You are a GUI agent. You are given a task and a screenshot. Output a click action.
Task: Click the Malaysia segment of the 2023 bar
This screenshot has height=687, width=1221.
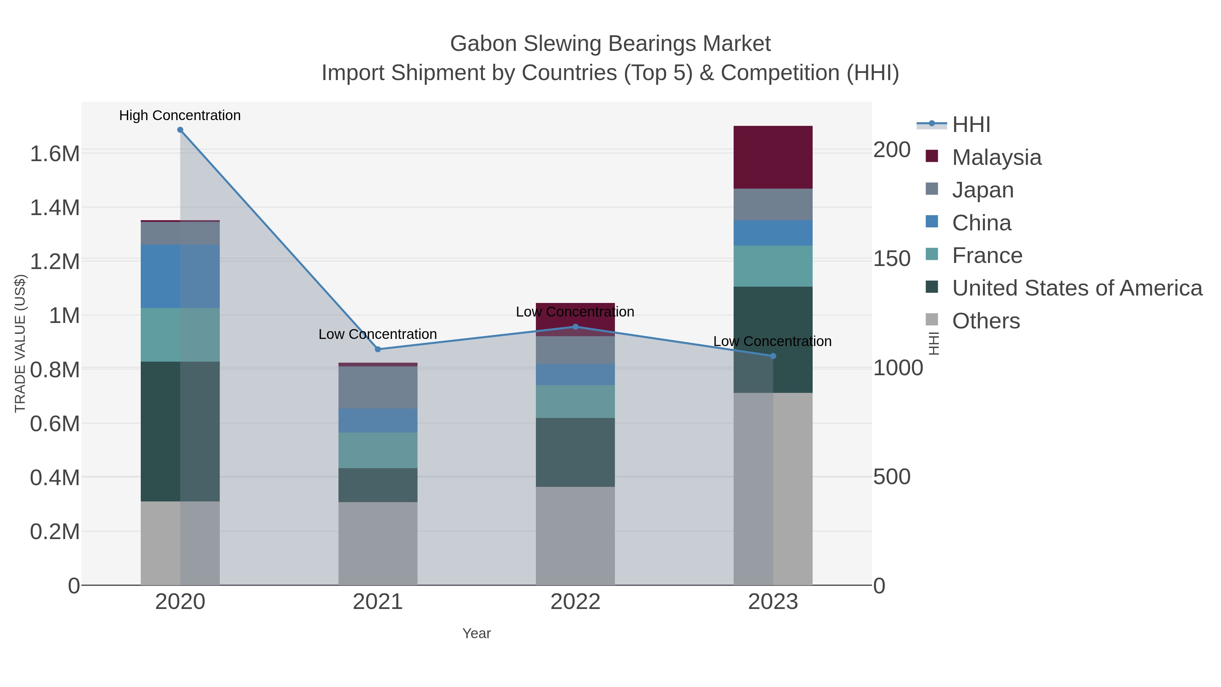coord(773,157)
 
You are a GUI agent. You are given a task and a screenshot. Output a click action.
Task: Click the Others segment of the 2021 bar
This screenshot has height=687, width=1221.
coord(378,543)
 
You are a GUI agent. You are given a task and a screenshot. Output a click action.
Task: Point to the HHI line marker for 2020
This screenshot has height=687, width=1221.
coord(180,130)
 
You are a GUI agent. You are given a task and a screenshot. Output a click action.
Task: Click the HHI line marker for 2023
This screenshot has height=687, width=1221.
coord(773,356)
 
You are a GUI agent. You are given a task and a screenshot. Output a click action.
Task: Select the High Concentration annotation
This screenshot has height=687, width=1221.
coord(180,115)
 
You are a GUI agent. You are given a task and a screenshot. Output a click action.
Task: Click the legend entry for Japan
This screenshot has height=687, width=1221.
coord(982,190)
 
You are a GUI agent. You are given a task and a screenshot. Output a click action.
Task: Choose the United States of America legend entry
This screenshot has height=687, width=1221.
coord(1077,288)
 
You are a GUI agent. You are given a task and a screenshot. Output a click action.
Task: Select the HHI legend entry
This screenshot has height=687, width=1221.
coord(971,125)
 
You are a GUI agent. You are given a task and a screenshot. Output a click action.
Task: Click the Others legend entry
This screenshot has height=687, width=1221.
coord(985,321)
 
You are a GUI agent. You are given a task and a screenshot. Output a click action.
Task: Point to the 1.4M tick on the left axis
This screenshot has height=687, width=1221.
coord(55,208)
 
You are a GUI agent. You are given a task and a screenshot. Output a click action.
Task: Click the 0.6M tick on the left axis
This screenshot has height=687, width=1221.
coord(55,424)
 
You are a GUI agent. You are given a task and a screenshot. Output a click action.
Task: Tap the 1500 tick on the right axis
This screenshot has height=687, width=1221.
coord(892,259)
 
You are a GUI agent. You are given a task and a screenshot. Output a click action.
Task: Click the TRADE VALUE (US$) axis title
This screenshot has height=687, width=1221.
coord(20,343)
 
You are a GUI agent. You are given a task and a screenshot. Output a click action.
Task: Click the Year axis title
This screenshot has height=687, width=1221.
coord(477,633)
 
